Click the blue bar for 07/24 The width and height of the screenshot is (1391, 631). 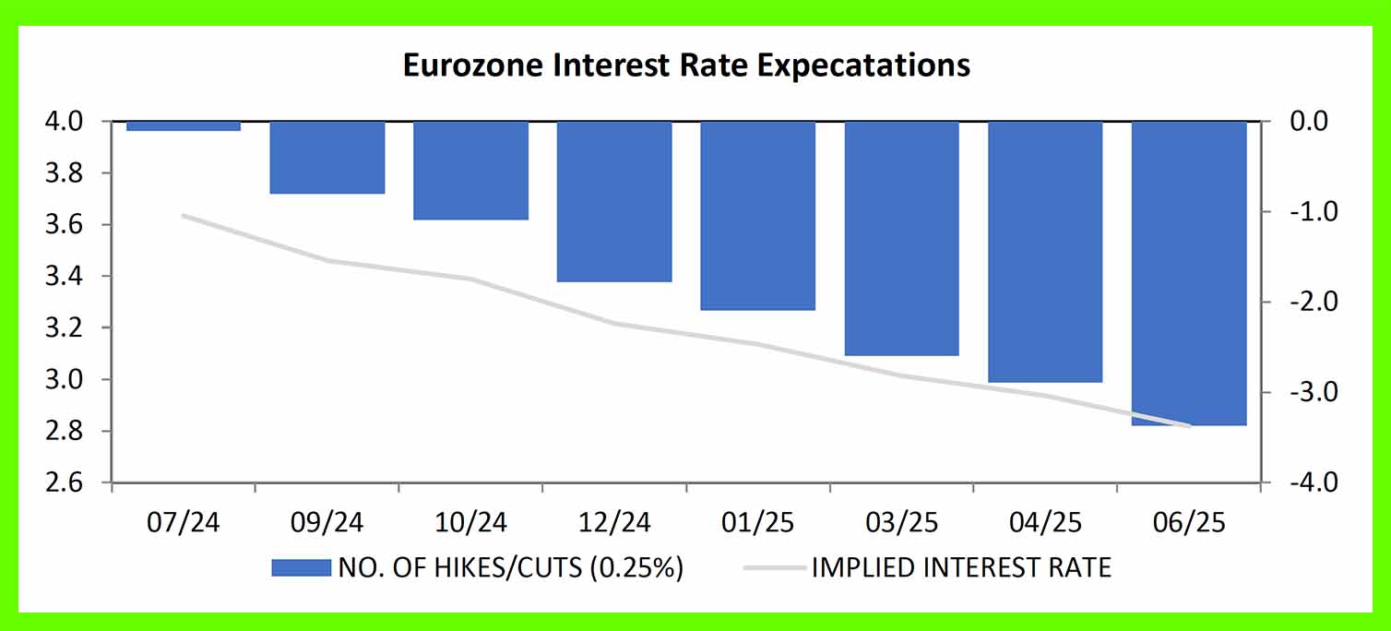coord(183,125)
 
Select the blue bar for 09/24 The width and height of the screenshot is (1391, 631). coord(327,157)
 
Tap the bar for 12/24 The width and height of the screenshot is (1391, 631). coord(614,201)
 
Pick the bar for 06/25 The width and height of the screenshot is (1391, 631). coord(1189,272)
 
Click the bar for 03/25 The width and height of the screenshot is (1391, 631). coord(902,238)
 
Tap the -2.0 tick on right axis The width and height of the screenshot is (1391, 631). coord(1302,303)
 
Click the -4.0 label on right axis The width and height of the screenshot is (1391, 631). coord(1302,483)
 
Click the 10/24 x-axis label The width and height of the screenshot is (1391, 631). coord(470,523)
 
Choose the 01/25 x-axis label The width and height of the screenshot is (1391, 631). coord(758,523)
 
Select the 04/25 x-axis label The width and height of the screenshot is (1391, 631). coord(1046,523)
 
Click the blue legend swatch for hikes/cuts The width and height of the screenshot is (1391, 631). coord(301,567)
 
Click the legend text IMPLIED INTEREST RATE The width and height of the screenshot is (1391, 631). coord(961,567)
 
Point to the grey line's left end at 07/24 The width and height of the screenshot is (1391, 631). coord(184,216)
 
